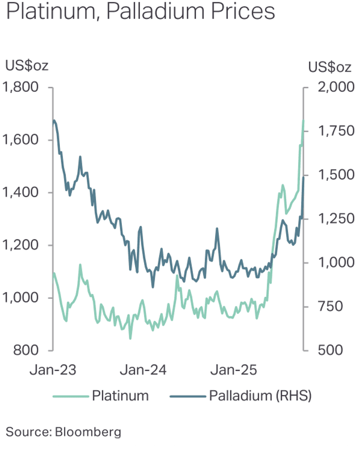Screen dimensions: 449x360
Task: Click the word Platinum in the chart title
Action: point(49,12)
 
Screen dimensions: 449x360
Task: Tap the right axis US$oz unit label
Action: point(329,67)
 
